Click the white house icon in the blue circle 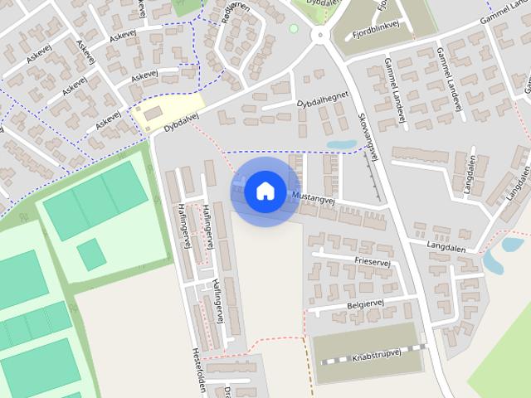coord(265,191)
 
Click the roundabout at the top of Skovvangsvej coord(318,35)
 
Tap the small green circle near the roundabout coord(293,29)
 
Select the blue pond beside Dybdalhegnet coord(341,144)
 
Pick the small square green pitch coord(91,255)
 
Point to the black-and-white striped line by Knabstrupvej coord(373,354)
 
